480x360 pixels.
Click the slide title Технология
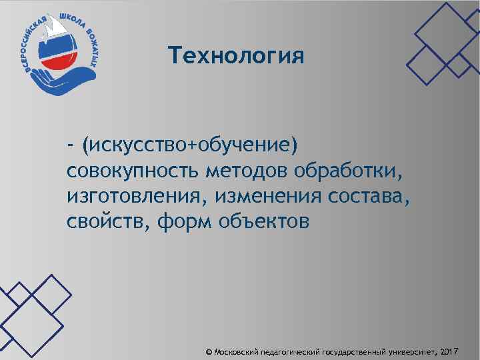click(236, 55)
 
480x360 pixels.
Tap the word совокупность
click(133, 171)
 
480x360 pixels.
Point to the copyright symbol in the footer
click(209, 351)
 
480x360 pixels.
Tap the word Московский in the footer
click(237, 351)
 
